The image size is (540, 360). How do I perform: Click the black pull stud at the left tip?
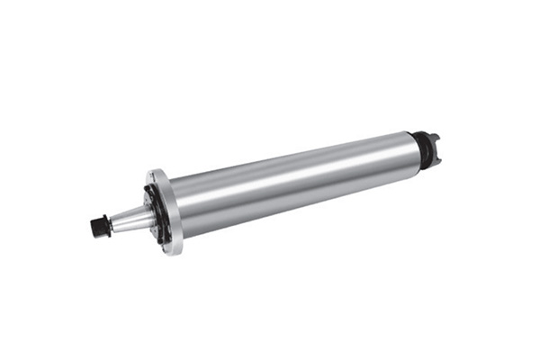pos(100,225)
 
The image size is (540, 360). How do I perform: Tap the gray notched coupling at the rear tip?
pos(432,143)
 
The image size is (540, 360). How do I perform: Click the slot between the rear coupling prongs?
pos(436,142)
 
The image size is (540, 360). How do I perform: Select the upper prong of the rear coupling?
pos(433,136)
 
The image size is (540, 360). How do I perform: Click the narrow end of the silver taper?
pos(114,221)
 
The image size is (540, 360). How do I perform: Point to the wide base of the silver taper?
pos(141,213)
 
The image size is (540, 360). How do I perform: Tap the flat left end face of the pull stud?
pos(94,226)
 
